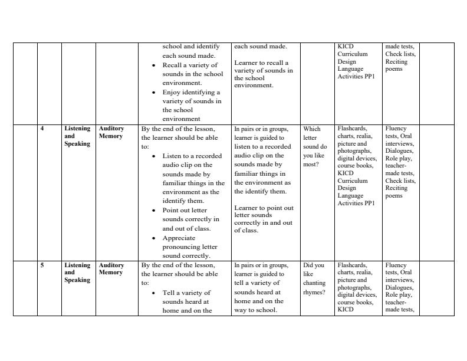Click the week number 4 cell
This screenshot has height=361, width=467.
coord(42,129)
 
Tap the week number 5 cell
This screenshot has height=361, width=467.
coord(42,265)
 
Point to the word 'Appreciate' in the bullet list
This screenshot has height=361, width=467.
coord(180,238)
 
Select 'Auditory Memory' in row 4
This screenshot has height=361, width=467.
coord(111,132)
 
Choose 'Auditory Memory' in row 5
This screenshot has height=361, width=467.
coord(111,269)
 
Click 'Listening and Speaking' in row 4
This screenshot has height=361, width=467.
coord(77,136)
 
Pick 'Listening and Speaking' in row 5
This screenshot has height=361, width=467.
coord(77,273)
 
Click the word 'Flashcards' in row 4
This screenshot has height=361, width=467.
coord(352,129)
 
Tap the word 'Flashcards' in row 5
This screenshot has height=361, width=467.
coord(352,265)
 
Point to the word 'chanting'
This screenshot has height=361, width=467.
coord(314,283)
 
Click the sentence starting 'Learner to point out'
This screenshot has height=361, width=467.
coord(264,219)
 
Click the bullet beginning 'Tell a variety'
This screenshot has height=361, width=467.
coord(186,301)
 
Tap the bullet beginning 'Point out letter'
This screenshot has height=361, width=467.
coord(190,219)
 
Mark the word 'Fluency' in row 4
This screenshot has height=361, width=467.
coord(396,129)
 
